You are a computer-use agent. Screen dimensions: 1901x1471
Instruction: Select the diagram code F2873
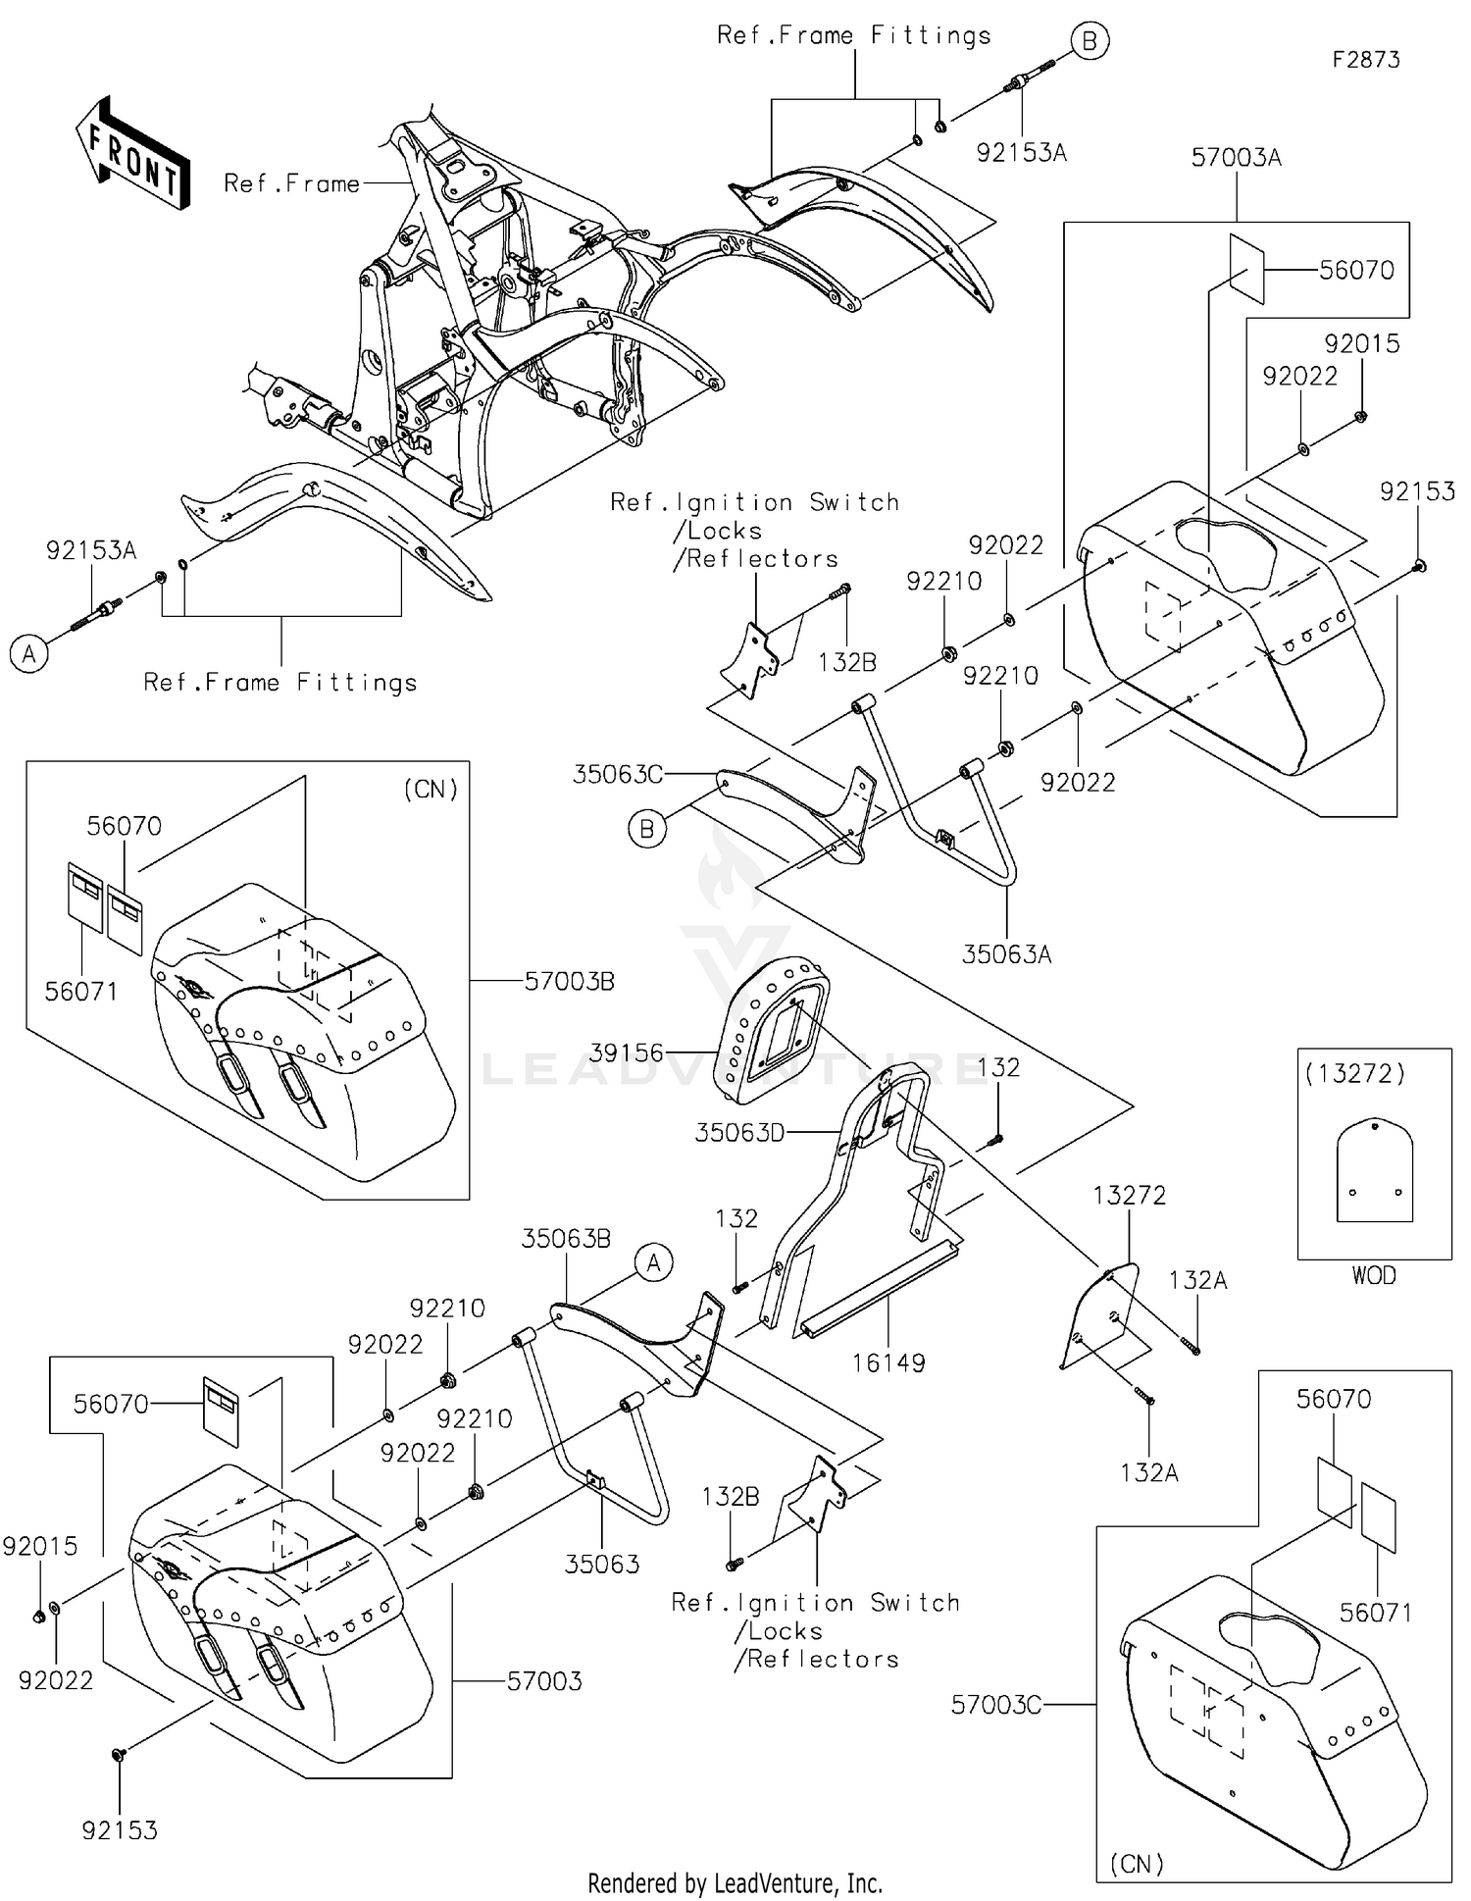(x=1365, y=60)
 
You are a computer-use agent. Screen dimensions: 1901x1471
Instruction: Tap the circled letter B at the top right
(x=1089, y=42)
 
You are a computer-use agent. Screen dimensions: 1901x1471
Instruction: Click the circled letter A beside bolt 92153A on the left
(x=29, y=654)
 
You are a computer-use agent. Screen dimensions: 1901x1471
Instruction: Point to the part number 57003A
(x=1236, y=158)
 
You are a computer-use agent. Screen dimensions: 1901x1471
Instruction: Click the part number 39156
(x=627, y=1053)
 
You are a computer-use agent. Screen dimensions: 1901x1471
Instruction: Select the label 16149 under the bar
(x=888, y=1362)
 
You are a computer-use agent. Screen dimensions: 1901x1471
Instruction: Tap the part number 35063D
(x=739, y=1134)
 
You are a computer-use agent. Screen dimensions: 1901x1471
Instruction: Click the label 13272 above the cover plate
(x=1130, y=1195)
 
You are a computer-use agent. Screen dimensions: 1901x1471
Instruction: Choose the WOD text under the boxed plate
(x=1373, y=1275)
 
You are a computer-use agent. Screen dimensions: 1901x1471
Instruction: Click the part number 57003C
(x=995, y=1706)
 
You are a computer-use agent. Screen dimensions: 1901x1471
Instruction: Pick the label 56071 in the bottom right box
(x=1375, y=1613)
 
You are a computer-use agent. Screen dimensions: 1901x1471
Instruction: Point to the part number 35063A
(x=1006, y=954)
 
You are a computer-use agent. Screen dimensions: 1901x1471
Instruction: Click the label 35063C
(x=618, y=775)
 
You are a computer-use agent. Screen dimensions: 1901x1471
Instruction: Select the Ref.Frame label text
(x=291, y=184)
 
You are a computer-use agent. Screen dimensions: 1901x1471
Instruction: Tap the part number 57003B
(x=569, y=981)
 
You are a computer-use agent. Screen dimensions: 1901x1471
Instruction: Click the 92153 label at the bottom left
(x=120, y=1830)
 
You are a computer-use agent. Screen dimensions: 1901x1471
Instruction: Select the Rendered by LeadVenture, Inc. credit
(x=735, y=1883)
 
